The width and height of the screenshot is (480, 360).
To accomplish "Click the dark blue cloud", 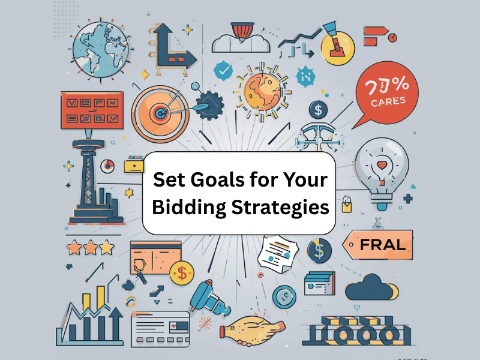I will [370, 288].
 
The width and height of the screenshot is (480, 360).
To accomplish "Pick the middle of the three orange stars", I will [91, 247].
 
